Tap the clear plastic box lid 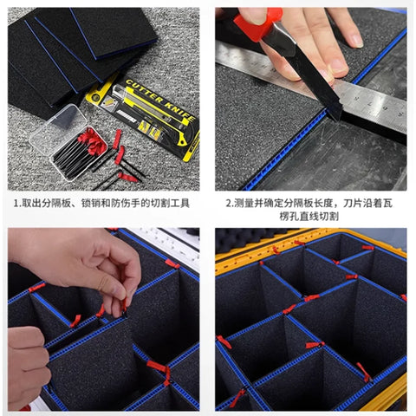pyautogui.click(x=58, y=129)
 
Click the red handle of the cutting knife pyautogui.click(x=258, y=24)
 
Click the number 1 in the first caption pyautogui.click(x=16, y=204)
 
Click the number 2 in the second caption pyautogui.click(x=229, y=204)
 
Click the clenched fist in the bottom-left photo pyautogui.click(x=27, y=367)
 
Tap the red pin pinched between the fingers pyautogui.click(x=124, y=306)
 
